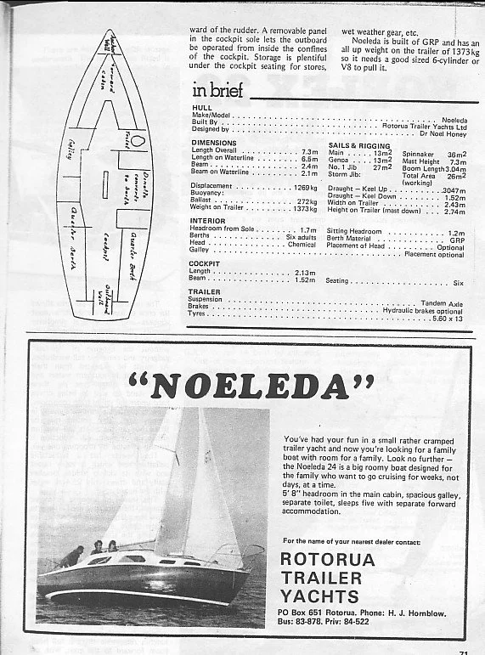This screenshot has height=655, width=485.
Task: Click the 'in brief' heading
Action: (218, 91)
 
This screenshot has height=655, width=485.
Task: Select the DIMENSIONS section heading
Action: (214, 143)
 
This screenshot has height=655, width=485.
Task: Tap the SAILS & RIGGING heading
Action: (359, 146)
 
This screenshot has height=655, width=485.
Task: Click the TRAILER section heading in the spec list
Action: (204, 291)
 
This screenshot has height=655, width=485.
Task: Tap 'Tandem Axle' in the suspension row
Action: (442, 302)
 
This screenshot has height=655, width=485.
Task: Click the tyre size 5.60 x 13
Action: (448, 317)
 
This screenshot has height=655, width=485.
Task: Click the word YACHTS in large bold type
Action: (318, 596)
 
